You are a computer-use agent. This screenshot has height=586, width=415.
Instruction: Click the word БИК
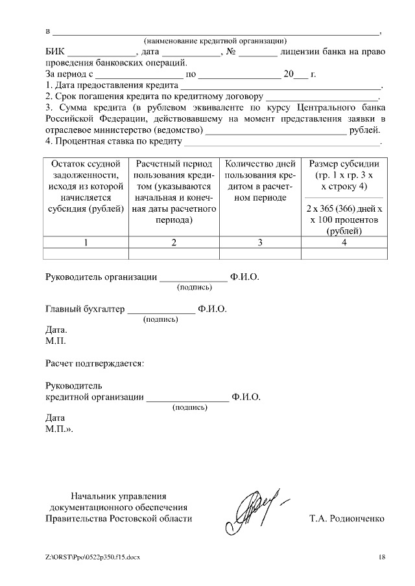pyautogui.click(x=56, y=52)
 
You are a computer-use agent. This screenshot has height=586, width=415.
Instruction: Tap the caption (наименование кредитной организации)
pyautogui.click(x=215, y=41)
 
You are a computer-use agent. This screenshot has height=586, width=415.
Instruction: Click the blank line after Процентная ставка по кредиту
pyautogui.click(x=283, y=142)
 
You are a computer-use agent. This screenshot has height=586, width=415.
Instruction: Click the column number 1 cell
pyautogui.click(x=86, y=243)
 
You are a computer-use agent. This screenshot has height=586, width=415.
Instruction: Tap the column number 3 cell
pyautogui.click(x=260, y=243)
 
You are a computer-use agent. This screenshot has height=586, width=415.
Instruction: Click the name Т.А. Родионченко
pyautogui.click(x=348, y=519)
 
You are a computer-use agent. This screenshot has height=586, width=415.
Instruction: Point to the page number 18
pyautogui.click(x=381, y=557)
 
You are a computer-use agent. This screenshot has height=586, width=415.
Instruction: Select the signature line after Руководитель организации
pyautogui.click(x=193, y=278)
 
